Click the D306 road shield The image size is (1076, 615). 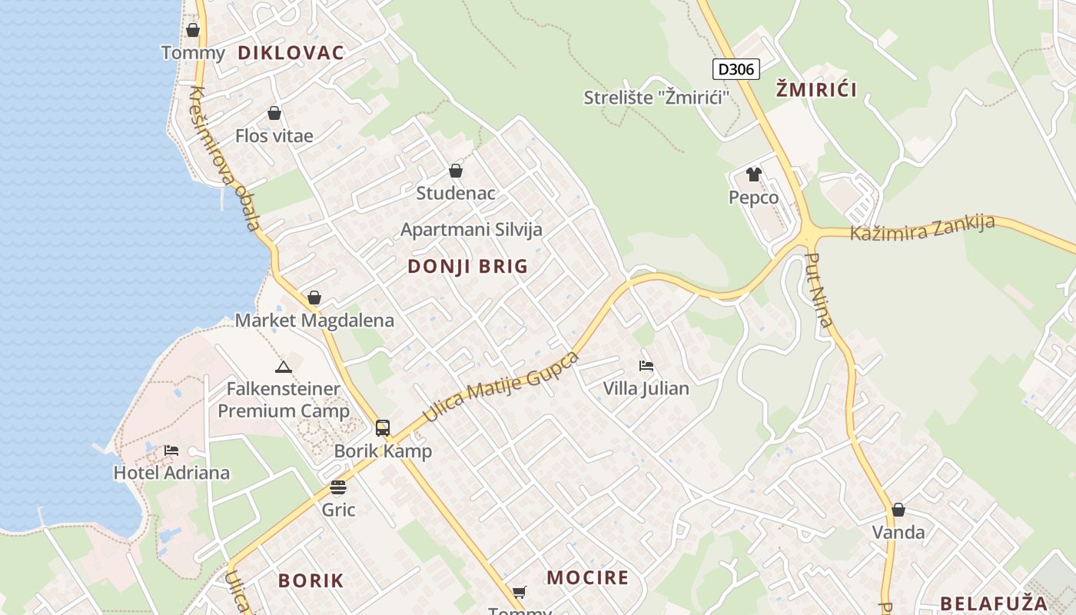point(736,69)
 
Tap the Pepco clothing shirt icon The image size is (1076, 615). point(753,175)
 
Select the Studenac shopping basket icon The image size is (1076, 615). point(456,171)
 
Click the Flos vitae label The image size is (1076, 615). point(274,136)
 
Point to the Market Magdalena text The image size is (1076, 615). point(314,321)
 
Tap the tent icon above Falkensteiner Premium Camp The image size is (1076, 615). point(284,367)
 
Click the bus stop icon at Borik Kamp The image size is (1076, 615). point(382,428)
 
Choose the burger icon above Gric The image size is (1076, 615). point(337,487)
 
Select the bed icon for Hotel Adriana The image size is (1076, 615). point(171,450)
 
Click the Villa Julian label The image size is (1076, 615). point(646,388)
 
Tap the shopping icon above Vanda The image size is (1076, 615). point(898,510)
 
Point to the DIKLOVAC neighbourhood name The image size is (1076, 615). point(291,53)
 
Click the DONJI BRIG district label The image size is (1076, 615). point(467,267)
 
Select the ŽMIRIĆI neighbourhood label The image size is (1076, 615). point(815,89)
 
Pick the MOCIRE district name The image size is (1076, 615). point(587,577)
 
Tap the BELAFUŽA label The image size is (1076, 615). point(994,603)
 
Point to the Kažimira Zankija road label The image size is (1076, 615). point(922,228)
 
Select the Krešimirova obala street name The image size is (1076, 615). point(224,159)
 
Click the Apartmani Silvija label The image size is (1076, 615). point(471,229)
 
